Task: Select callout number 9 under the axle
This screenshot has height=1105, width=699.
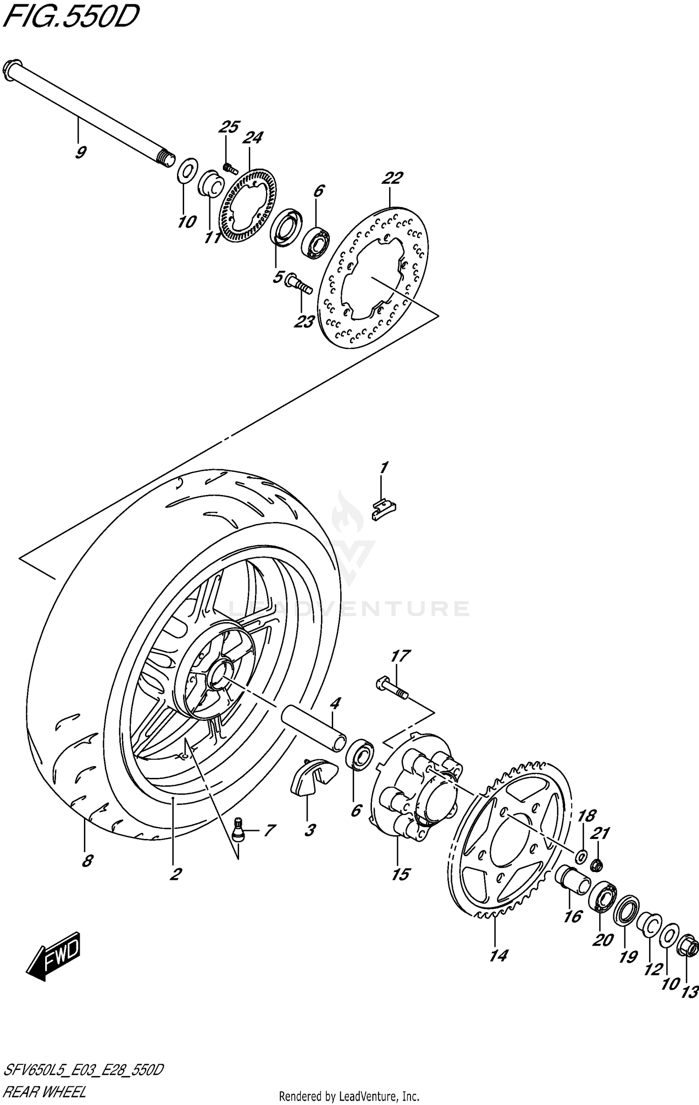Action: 81,152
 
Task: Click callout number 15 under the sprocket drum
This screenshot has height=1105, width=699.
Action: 400,874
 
